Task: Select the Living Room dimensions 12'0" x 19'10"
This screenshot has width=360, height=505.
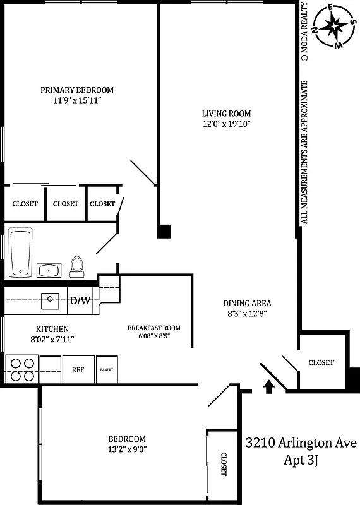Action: [226, 124]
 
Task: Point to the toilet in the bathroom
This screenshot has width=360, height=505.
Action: [77, 266]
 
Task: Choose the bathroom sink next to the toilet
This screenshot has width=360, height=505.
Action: [48, 271]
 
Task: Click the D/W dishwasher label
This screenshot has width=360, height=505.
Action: [79, 300]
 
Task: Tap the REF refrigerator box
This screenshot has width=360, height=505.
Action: [78, 370]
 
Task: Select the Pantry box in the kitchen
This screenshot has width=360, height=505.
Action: [106, 370]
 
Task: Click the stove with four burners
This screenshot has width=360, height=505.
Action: [21, 370]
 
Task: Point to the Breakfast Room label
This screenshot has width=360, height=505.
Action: [154, 328]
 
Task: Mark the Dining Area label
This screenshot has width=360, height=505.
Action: [247, 303]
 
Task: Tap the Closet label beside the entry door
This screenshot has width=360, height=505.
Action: [321, 362]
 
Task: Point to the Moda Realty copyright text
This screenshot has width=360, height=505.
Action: [304, 32]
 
